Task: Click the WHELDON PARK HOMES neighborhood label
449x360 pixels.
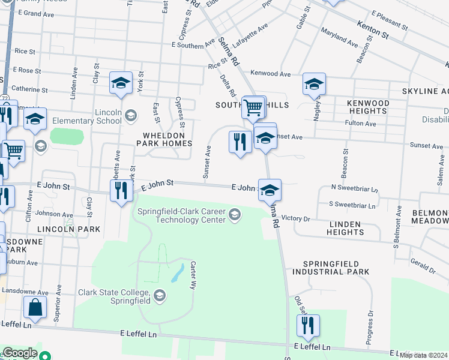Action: (x=164, y=139)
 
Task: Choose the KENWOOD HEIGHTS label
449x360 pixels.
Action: (x=367, y=107)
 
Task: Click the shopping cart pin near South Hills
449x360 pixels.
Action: (x=253, y=108)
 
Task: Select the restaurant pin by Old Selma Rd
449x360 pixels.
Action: (x=308, y=326)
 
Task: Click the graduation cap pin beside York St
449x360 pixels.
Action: (x=121, y=83)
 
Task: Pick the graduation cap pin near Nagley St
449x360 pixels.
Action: (x=314, y=85)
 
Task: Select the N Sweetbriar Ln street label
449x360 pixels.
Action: (x=355, y=188)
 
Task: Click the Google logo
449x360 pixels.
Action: (x=20, y=353)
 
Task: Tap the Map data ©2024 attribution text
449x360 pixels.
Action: (x=423, y=355)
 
